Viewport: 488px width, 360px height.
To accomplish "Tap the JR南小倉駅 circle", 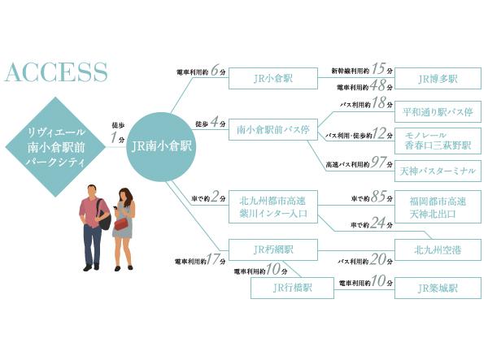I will [162, 147].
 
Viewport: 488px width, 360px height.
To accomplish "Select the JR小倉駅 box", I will [272, 79].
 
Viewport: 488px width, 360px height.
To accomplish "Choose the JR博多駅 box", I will [437, 79].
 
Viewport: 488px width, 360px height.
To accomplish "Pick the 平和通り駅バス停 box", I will [437, 109].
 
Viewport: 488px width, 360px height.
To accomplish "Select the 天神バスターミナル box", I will [437, 170].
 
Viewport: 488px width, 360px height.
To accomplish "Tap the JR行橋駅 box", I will [291, 288].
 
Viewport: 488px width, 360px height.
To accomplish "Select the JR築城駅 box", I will [437, 288].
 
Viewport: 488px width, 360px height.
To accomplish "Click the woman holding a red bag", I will [124, 228].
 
